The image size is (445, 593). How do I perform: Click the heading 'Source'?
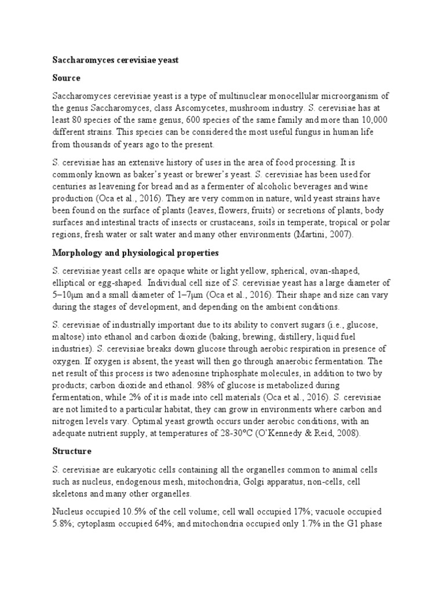click(67, 78)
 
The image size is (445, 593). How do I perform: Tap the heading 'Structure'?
click(72, 451)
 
